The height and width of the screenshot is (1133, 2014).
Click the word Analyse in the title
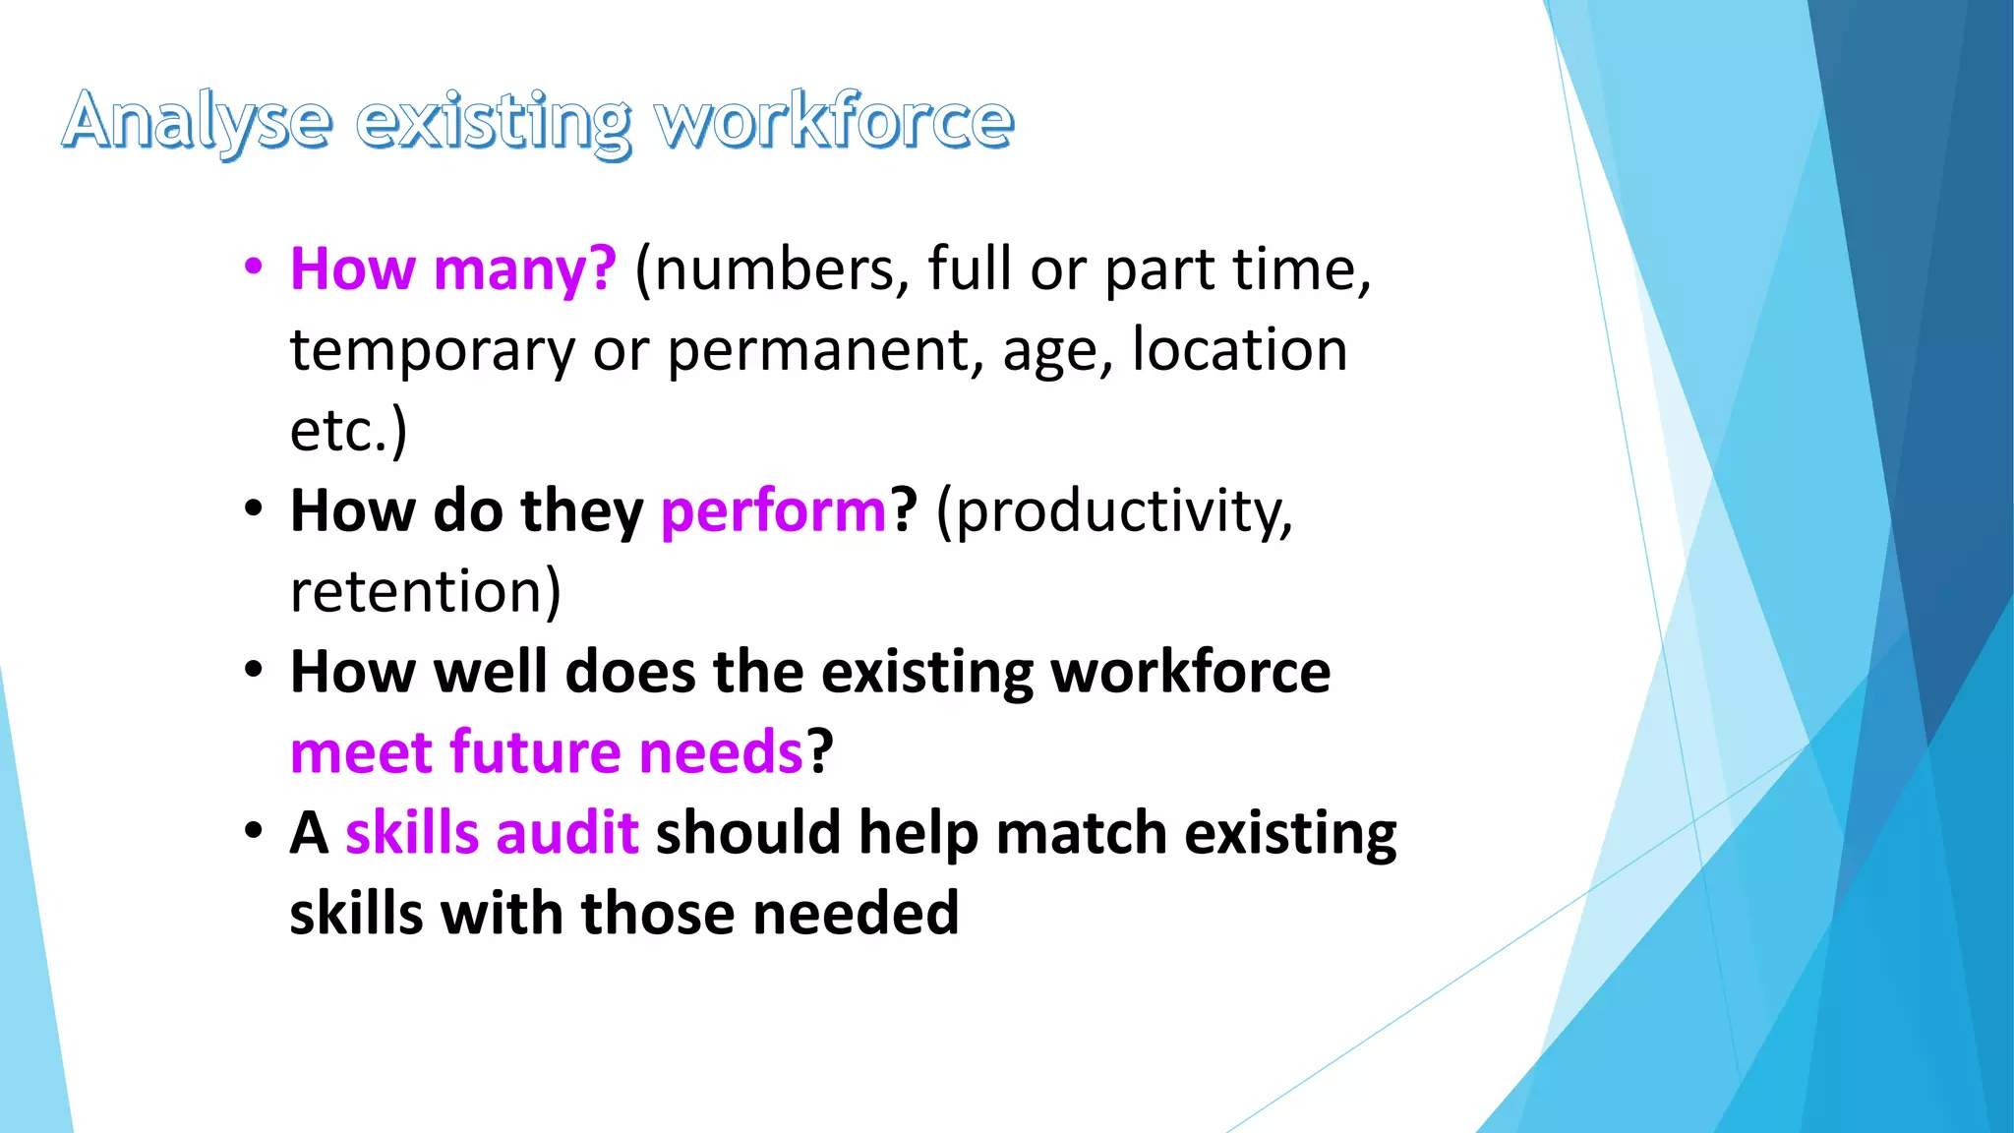[x=197, y=122]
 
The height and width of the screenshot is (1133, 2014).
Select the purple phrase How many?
[x=453, y=269]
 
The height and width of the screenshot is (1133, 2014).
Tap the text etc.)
[x=348, y=431]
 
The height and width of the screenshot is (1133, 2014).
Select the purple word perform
[x=773, y=511]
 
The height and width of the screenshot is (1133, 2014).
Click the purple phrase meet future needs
[x=548, y=753]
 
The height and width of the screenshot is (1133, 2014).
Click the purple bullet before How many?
[x=254, y=267]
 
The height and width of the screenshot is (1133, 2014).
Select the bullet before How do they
[x=254, y=509]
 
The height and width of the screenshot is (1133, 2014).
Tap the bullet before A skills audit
[x=254, y=831]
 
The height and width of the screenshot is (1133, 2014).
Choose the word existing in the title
[x=493, y=122]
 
